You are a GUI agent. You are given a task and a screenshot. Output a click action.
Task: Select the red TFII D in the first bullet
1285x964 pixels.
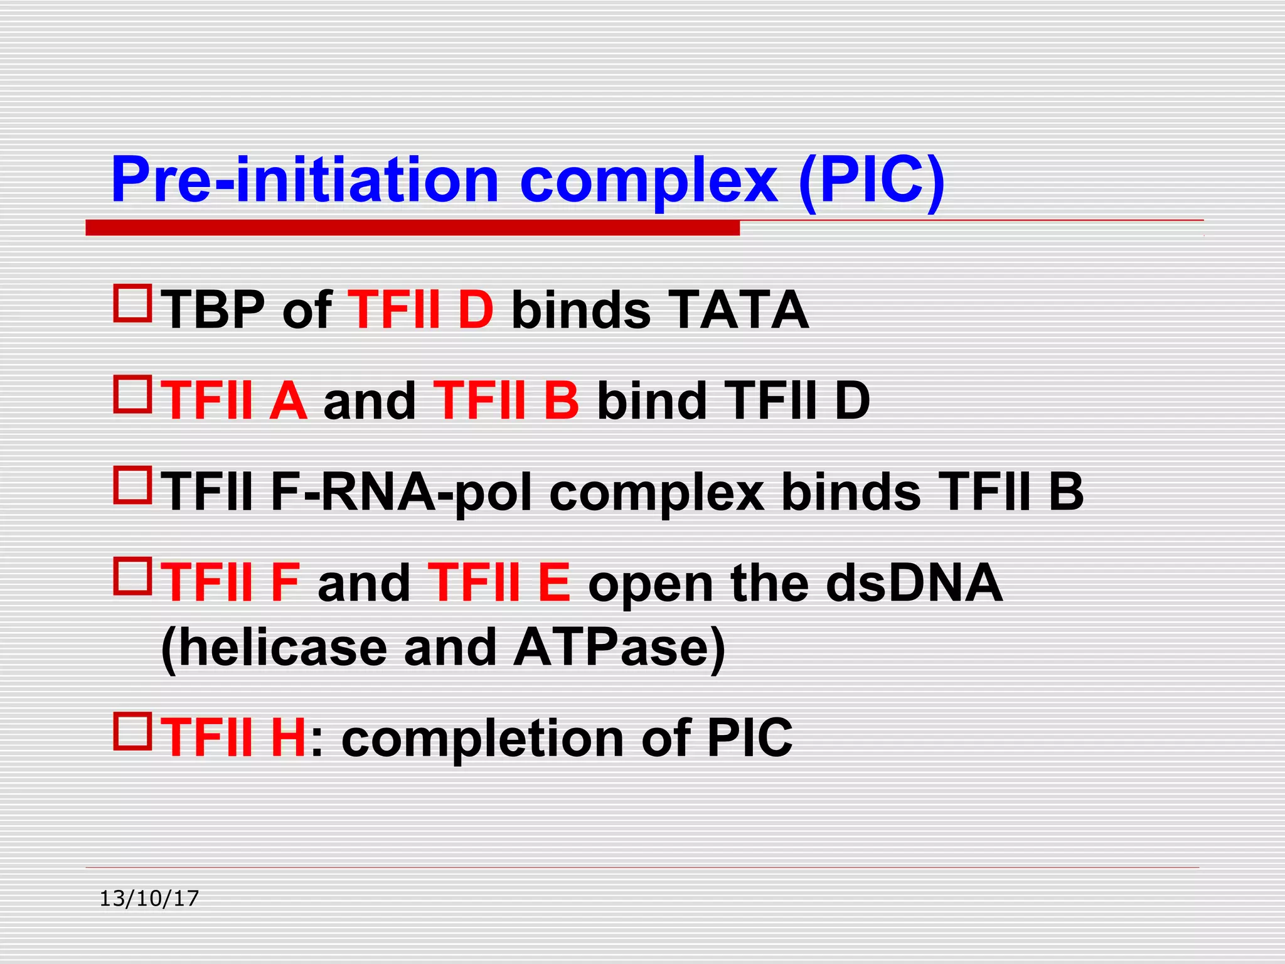(x=420, y=309)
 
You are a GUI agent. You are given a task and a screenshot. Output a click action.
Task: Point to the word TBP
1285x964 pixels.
(x=213, y=309)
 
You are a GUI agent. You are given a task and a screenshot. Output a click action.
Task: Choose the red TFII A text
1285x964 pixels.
(x=234, y=400)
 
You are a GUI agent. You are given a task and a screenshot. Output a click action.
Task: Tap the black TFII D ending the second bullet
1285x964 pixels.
(x=797, y=400)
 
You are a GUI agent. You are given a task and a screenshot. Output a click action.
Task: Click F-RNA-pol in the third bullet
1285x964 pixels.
(x=402, y=492)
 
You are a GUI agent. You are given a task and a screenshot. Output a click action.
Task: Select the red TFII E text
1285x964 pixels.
(x=499, y=583)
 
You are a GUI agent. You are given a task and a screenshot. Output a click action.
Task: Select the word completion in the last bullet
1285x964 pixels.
(x=483, y=739)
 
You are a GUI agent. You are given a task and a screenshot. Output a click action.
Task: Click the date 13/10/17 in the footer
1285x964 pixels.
(x=149, y=899)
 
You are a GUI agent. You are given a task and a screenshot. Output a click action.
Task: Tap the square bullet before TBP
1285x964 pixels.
(x=132, y=304)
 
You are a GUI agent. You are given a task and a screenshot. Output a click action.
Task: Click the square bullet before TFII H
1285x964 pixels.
(x=132, y=731)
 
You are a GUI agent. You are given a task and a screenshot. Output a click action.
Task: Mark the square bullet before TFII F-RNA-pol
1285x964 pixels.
(x=132, y=485)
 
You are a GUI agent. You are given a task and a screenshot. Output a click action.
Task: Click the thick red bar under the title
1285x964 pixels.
(x=412, y=228)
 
